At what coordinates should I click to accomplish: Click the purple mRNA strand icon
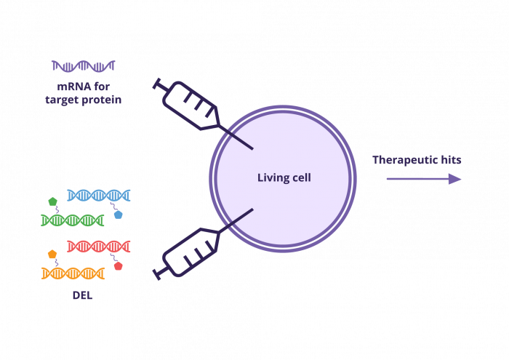83,66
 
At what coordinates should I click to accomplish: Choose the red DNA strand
97,246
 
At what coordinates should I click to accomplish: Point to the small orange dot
52,255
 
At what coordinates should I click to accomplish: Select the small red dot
119,266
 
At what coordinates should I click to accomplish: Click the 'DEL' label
82,296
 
